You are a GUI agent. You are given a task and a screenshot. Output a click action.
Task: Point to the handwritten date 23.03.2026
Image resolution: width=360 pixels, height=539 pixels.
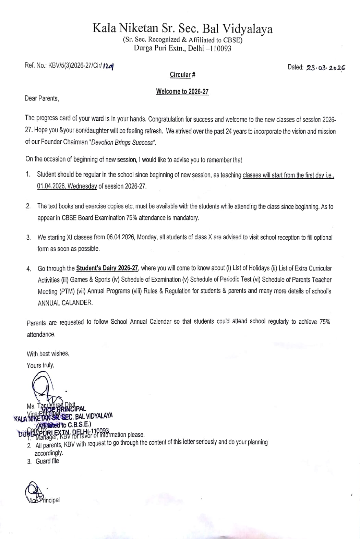click(326, 68)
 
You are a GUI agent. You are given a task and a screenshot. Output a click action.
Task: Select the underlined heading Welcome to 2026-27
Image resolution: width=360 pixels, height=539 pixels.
click(182, 92)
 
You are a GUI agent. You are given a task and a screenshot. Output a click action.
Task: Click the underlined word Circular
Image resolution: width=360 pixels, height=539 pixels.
click(180, 75)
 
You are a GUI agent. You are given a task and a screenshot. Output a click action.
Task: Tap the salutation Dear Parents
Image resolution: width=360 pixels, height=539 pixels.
click(42, 98)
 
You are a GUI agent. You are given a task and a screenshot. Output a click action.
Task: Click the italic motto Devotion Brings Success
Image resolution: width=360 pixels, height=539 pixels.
click(123, 142)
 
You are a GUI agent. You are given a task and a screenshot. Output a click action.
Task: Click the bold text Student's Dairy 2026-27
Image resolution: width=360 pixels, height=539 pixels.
click(107, 268)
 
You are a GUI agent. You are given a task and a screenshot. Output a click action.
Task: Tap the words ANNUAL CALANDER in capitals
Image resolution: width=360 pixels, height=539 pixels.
click(65, 303)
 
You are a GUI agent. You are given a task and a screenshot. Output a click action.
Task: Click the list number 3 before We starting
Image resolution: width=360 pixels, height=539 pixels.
click(28, 238)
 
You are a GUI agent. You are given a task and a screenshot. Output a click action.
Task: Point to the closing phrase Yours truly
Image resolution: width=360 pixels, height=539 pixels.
click(40, 365)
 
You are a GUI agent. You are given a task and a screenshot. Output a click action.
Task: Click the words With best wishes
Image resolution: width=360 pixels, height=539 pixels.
click(48, 354)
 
